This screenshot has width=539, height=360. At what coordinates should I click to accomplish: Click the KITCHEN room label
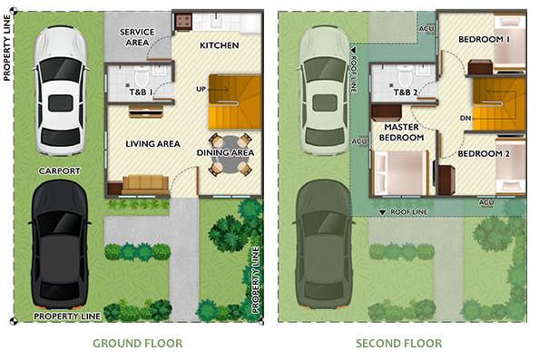[x=220, y=45]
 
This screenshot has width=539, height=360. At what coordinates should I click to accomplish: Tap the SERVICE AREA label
[x=137, y=37]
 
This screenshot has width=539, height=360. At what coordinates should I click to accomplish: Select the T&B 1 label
[x=141, y=92]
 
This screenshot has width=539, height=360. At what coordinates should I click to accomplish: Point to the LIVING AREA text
[x=152, y=143]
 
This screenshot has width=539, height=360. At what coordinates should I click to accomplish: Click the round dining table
[x=230, y=155]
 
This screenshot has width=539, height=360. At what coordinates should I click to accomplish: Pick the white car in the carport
[x=61, y=91]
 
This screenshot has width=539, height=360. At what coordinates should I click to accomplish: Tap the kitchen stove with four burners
[x=183, y=22]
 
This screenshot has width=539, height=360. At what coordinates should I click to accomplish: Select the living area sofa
[x=145, y=185]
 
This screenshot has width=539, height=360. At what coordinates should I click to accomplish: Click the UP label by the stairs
[x=201, y=89]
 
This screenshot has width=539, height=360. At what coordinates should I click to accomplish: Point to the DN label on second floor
[x=465, y=118]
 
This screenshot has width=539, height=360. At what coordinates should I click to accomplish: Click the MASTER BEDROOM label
[x=401, y=132]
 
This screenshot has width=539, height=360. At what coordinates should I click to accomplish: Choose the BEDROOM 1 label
[x=484, y=40]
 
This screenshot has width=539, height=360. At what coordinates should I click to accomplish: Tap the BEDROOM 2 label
[x=484, y=153]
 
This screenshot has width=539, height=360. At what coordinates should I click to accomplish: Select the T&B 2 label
[x=406, y=92]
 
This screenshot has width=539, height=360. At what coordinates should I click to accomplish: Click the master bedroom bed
[x=401, y=172]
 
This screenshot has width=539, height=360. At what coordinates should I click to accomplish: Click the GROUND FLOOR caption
[x=138, y=343]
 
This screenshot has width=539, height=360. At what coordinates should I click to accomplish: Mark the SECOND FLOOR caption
[x=398, y=343]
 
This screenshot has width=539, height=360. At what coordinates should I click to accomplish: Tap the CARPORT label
[x=59, y=170]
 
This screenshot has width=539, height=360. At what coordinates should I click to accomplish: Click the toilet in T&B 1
[x=142, y=76]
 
